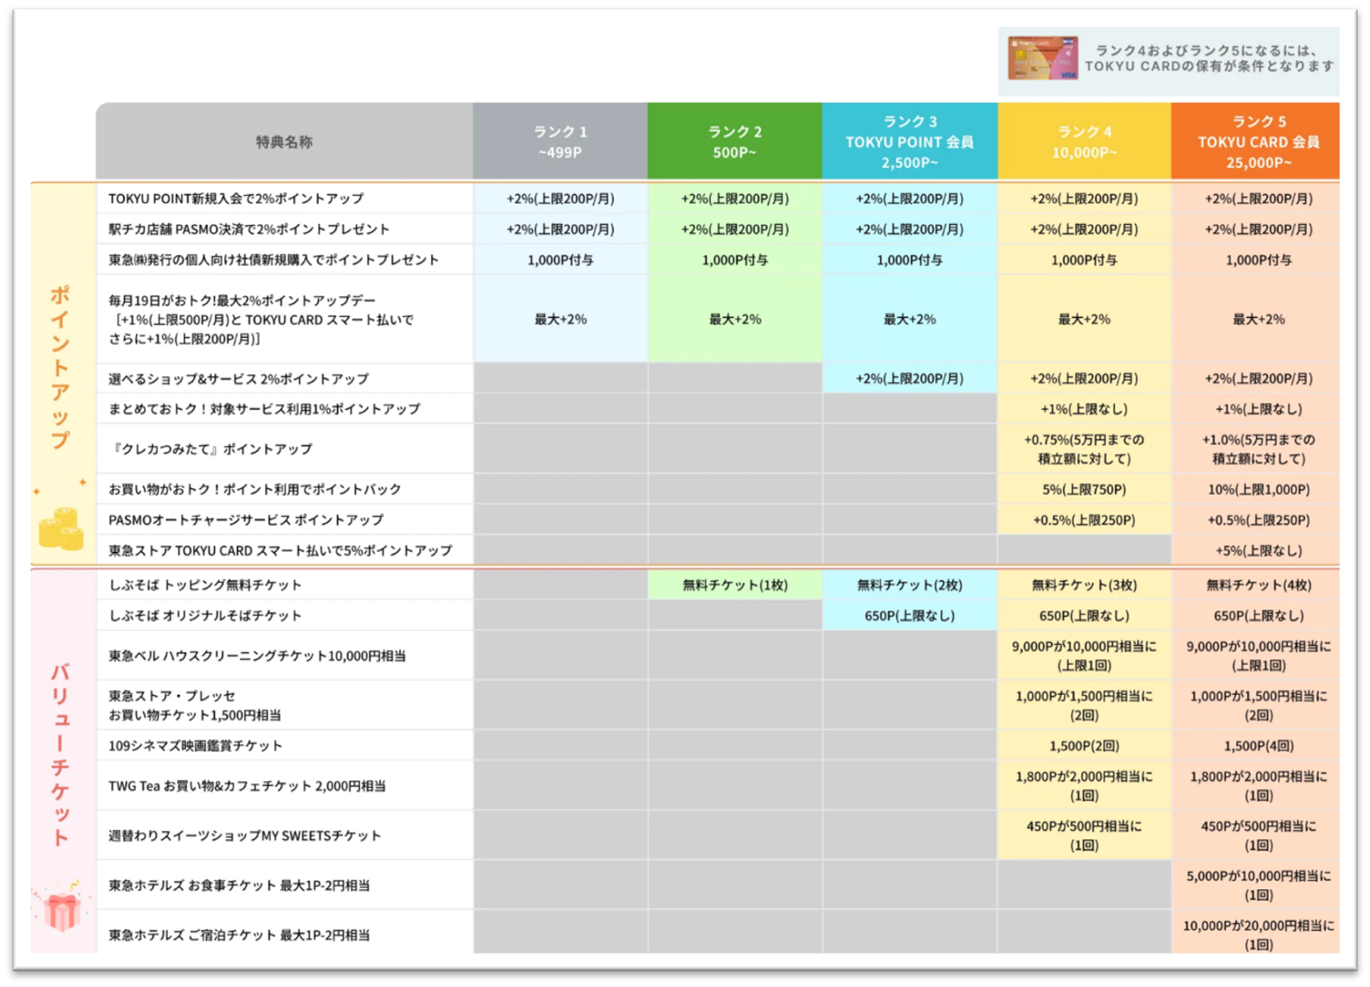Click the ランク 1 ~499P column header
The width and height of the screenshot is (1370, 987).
560,142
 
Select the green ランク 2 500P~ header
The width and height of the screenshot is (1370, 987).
735,142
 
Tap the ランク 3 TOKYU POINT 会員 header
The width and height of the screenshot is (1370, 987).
909,142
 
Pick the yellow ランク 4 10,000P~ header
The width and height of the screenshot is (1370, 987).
1084,142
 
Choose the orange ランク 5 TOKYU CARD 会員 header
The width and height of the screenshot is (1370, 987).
1258,142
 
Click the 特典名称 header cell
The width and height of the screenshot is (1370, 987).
284,142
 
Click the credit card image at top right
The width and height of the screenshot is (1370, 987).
1042,59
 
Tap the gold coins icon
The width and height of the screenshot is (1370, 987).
61,529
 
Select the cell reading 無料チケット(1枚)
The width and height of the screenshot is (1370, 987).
735,585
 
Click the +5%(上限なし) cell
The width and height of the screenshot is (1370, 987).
1258,550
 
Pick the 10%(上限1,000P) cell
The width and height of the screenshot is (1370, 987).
1258,490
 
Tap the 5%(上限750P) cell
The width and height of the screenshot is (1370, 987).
1084,490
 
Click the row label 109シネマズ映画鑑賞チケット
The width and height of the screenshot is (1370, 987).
195,745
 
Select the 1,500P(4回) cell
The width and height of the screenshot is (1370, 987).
1258,745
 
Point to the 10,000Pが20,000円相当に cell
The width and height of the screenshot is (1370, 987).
1258,935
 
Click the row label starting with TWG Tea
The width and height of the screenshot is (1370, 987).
247,785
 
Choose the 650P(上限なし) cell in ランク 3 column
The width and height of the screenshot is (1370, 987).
909,616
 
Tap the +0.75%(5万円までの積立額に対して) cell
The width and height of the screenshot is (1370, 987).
1084,449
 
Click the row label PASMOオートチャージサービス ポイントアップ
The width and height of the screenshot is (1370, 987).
246,520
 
